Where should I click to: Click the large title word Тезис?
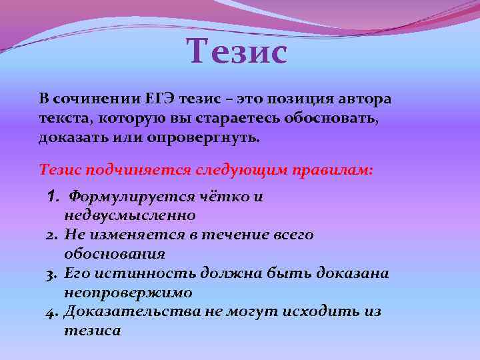(237, 52)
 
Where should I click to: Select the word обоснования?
(115, 254)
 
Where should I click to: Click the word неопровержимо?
(128, 293)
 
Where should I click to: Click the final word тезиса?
(93, 331)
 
